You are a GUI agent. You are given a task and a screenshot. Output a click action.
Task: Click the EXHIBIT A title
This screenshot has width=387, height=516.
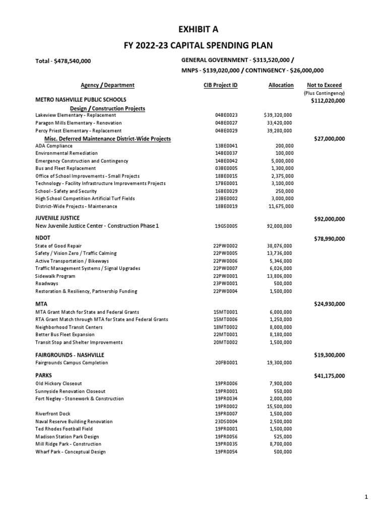click(x=193, y=30)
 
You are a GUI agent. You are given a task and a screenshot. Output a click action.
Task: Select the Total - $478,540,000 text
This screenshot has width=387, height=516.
click(x=63, y=61)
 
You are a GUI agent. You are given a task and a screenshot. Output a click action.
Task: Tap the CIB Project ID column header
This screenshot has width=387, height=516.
click(x=217, y=85)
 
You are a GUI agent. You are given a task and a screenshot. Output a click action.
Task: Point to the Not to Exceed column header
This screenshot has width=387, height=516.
click(x=324, y=85)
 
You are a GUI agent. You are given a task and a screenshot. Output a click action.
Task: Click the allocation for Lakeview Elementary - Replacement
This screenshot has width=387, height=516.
click(x=278, y=115)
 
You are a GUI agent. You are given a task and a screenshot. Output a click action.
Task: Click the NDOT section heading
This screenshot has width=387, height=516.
click(x=42, y=237)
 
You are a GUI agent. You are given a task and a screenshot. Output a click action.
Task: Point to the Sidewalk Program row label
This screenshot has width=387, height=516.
click(x=55, y=276)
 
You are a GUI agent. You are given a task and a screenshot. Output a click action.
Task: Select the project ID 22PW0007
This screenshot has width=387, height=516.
click(x=226, y=269)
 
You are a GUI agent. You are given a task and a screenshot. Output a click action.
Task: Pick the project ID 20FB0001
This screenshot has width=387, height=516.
click(x=226, y=363)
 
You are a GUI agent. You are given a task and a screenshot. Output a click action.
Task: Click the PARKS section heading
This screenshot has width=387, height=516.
click(x=43, y=375)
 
